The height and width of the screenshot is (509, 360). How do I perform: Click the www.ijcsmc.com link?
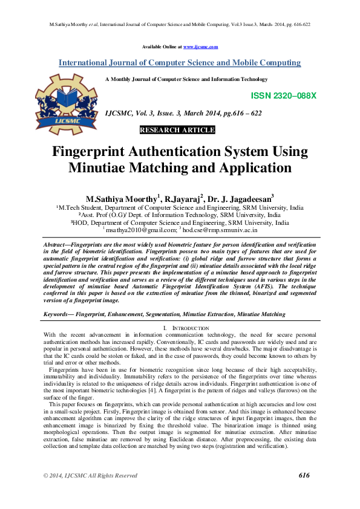(x=200, y=47)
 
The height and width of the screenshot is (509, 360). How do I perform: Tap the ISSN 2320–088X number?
(x=283, y=96)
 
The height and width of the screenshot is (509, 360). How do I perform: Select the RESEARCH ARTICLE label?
(x=177, y=130)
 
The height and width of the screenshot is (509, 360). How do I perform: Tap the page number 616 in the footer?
(x=304, y=475)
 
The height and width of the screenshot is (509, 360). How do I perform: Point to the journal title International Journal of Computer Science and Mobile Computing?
(x=179, y=63)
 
